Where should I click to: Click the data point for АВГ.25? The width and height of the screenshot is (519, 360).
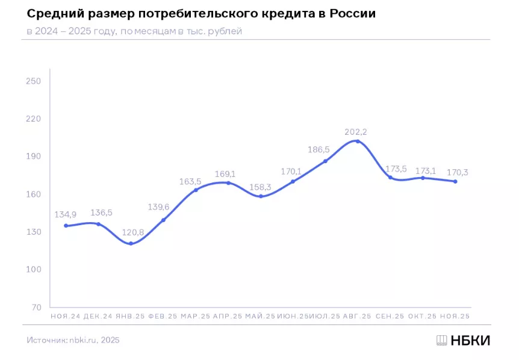tap(358, 141)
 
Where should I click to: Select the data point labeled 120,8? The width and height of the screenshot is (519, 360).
tap(131, 243)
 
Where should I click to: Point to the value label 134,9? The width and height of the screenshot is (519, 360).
tap(66, 214)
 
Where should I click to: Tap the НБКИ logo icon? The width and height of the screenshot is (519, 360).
tap(442, 340)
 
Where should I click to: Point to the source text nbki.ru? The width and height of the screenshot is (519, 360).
tap(87, 340)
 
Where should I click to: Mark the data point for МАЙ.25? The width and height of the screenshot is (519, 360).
tap(261, 196)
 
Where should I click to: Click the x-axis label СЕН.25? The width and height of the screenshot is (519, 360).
tap(390, 316)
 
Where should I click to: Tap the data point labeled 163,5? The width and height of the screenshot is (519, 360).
tap(196, 190)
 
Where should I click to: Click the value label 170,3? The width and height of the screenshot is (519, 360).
tap(456, 173)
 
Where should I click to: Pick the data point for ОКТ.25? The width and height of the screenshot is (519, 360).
tap(423, 178)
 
